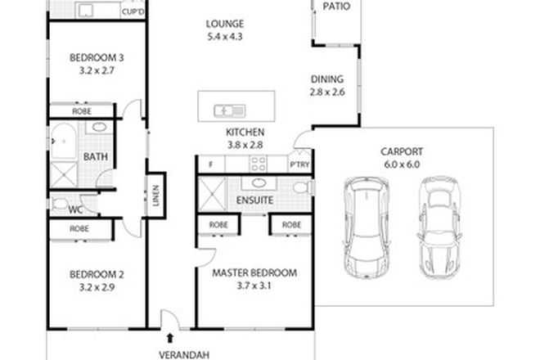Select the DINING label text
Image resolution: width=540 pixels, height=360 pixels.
(326, 79)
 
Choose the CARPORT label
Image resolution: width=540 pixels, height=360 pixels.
(400, 151)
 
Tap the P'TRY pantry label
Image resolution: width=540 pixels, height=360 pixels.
(299, 164)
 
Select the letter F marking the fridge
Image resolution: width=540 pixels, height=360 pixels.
(210, 164)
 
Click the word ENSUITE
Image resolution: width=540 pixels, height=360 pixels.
(253, 200)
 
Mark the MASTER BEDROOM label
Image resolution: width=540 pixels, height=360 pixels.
(254, 272)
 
